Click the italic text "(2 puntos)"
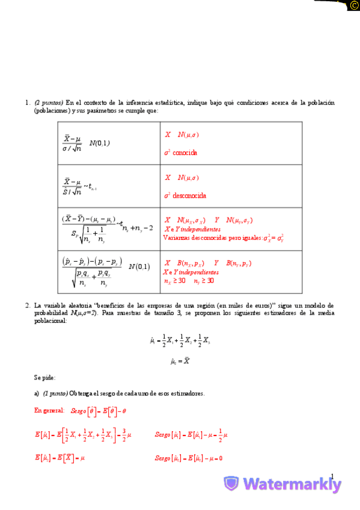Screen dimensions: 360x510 click(x=49, y=103)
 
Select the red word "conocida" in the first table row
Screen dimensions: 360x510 click(x=185, y=153)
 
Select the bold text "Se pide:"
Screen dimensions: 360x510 click(x=45, y=377)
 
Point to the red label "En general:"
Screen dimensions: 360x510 click(x=49, y=410)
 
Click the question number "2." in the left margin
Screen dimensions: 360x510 click(x=28, y=306)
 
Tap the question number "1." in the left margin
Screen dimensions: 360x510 click(x=28, y=103)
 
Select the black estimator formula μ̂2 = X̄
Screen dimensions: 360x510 click(x=181, y=361)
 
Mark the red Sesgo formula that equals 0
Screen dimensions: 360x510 click(x=189, y=458)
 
